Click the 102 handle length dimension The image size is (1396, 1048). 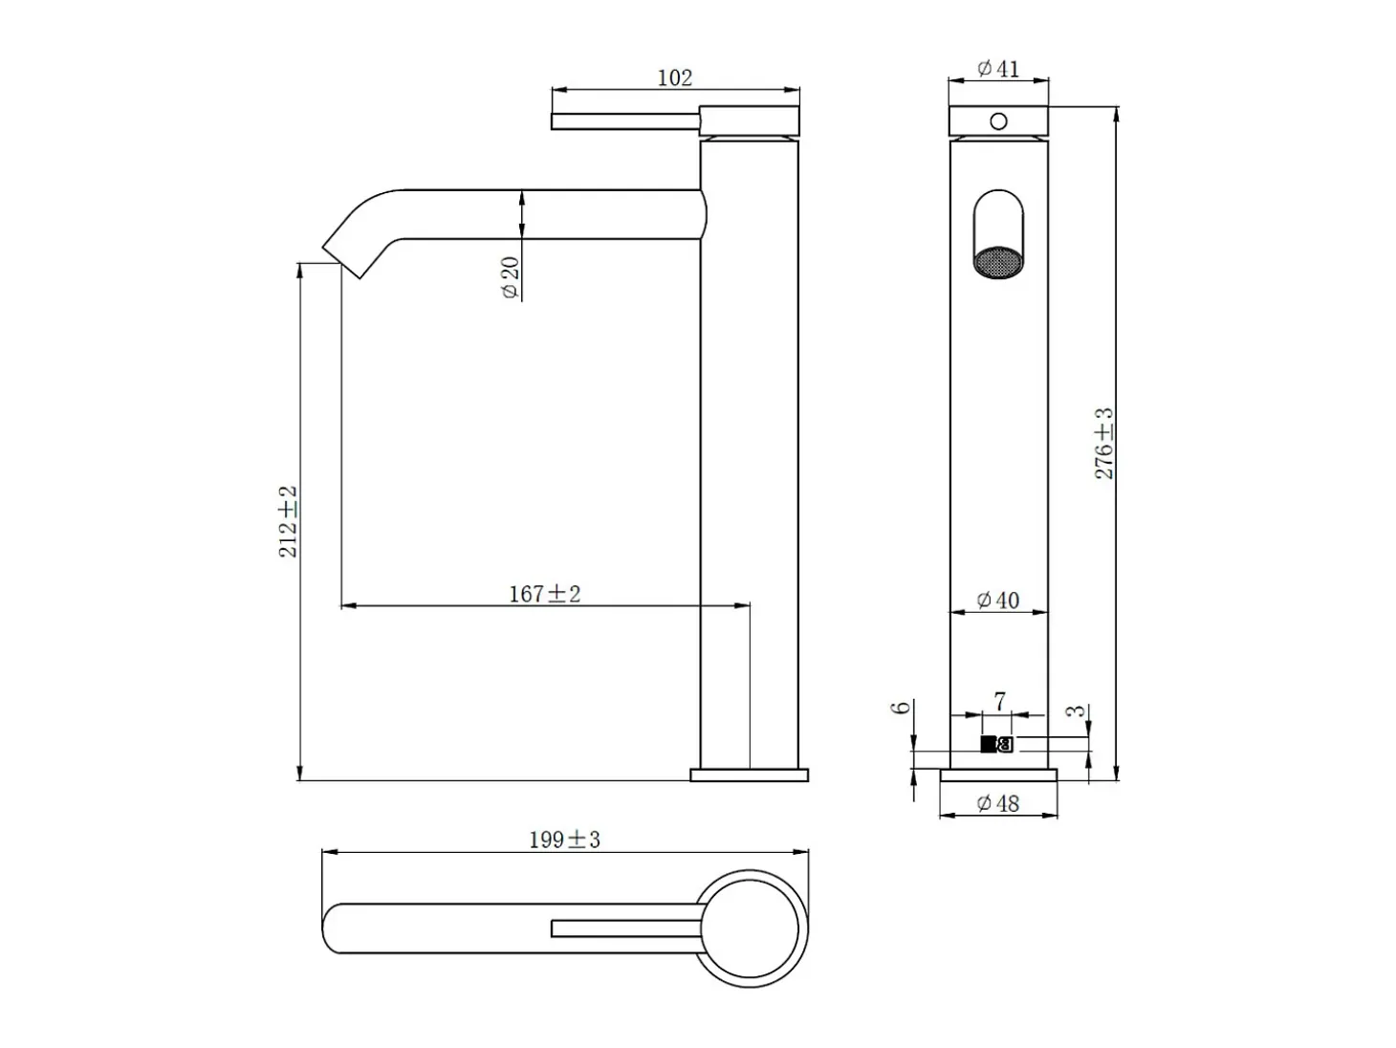pyautogui.click(x=674, y=78)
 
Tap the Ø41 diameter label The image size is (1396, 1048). pyautogui.click(x=997, y=69)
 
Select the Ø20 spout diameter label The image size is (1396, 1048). pyautogui.click(x=510, y=277)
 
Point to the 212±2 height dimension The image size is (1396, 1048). pyautogui.click(x=288, y=521)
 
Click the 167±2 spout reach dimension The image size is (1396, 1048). pyautogui.click(x=544, y=594)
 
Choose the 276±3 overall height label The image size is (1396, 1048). pyautogui.click(x=1104, y=444)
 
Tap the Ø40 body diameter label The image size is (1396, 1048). pyautogui.click(x=997, y=600)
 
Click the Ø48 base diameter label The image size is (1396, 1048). pyautogui.click(x=997, y=803)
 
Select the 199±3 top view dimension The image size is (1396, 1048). pyautogui.click(x=564, y=841)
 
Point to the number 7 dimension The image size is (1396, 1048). pyautogui.click(x=1000, y=702)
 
